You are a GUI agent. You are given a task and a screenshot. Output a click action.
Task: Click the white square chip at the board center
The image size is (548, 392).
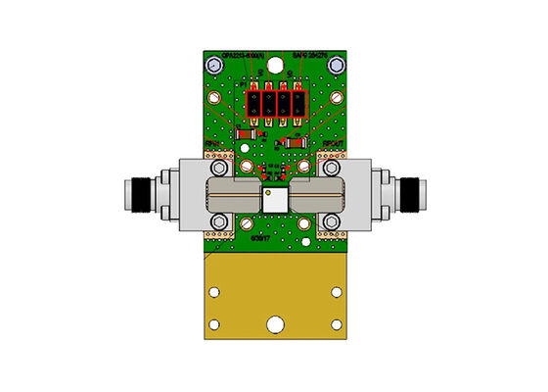274,199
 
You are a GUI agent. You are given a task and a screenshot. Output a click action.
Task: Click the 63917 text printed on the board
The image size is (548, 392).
260,237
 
